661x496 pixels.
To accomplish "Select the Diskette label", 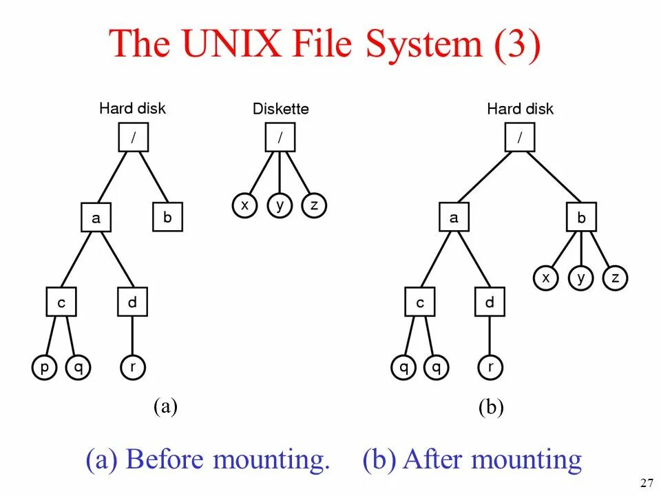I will pos(280,109).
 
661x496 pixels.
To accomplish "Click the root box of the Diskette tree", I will pos(280,137).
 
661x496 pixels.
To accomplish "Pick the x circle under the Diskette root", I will pos(244,205).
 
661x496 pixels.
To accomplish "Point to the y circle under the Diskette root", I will pos(279,205).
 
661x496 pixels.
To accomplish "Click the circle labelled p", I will pos(44,368).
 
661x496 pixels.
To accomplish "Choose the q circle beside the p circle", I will pos(78,368).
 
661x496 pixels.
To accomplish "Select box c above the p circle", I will pos(61,302).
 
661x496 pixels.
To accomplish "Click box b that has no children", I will pos(167,218).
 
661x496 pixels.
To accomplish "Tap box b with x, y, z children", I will pos(581,218).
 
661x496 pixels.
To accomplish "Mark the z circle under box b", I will pos(616,278).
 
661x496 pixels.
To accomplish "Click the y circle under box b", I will pos(581,278).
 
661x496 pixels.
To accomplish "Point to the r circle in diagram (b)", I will pos(490,368).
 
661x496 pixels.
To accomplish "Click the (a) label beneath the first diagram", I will pos(165,406).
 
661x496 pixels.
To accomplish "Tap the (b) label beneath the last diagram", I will pos(491,408).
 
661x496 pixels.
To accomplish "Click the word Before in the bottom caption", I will pos(171,459).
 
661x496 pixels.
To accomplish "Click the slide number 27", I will pos(646,482).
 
